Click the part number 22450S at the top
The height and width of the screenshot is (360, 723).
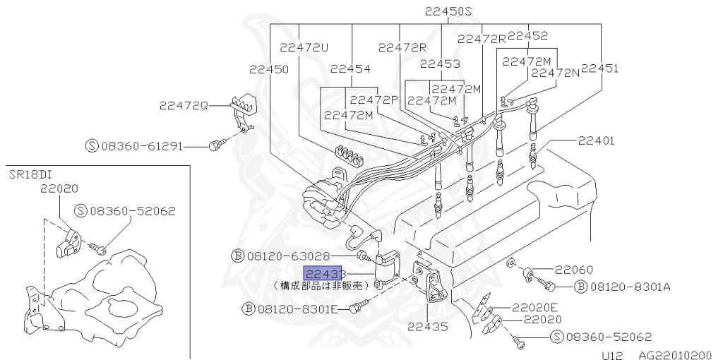(448, 11)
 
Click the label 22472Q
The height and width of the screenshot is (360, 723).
(184, 105)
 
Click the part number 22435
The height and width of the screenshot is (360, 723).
(427, 327)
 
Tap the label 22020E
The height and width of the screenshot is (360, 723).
(534, 307)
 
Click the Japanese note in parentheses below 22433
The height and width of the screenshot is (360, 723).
(321, 286)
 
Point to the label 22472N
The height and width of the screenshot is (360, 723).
(555, 72)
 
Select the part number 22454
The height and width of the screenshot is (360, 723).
(349, 68)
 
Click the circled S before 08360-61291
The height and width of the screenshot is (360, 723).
(91, 146)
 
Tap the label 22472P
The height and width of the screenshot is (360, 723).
(374, 100)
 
